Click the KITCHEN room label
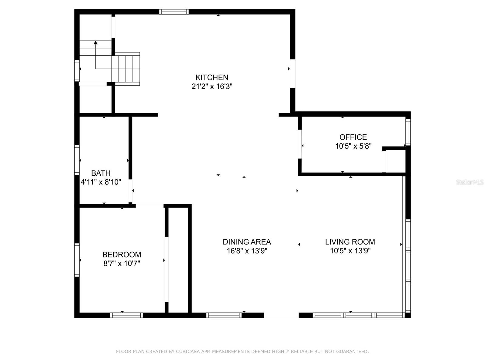pyautogui.click(x=212, y=77)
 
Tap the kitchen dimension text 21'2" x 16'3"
pyautogui.click(x=212, y=86)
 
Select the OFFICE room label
pyautogui.click(x=353, y=137)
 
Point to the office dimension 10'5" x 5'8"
pyautogui.click(x=353, y=146)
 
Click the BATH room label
pyautogui.click(x=101, y=173)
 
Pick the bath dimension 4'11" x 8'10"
pyautogui.click(x=101, y=182)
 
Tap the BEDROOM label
pyautogui.click(x=122, y=254)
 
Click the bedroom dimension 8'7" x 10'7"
pyautogui.click(x=122, y=264)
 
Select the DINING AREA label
pyautogui.click(x=246, y=242)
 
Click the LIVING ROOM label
pyautogui.click(x=350, y=242)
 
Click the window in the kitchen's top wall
pyautogui.click(x=174, y=12)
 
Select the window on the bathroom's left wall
pyautogui.click(x=77, y=160)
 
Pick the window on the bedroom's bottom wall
pyautogui.click(x=126, y=315)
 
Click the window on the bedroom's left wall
pyautogui.click(x=77, y=260)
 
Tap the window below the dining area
pyautogui.click(x=224, y=315)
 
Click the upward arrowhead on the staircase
pyautogui.click(x=95, y=42)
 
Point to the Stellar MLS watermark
pyautogui.click(x=470, y=182)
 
